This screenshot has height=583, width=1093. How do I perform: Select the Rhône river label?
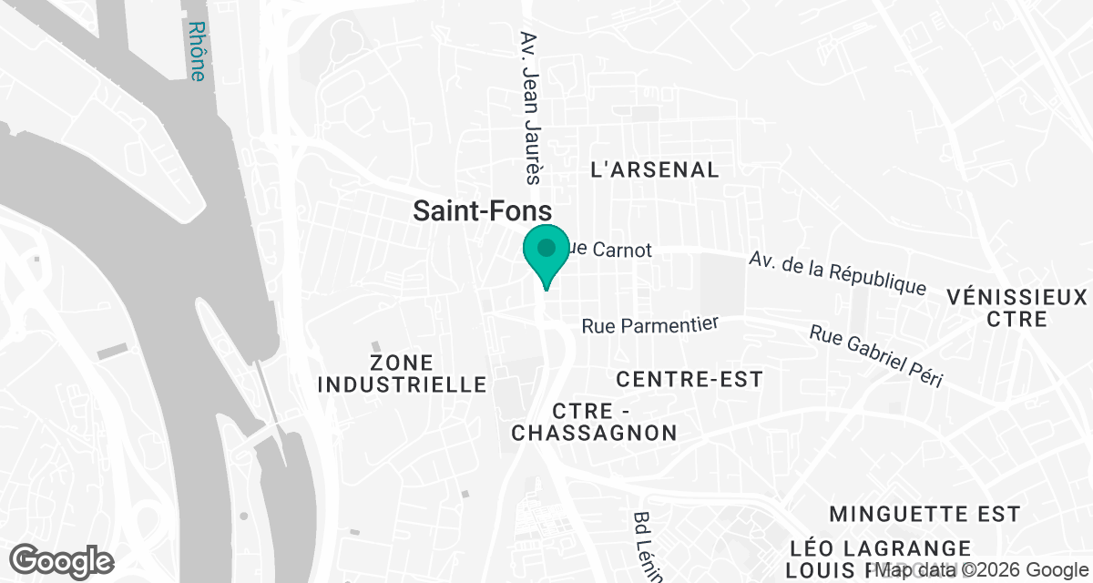tap(196, 52)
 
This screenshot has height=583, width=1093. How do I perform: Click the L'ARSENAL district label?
tap(655, 169)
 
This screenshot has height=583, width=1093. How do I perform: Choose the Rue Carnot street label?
tap(610, 250)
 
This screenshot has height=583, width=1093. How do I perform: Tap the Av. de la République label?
tap(837, 272)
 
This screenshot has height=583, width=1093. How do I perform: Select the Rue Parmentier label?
tap(650, 325)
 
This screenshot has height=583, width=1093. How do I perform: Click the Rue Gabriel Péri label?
tap(875, 356)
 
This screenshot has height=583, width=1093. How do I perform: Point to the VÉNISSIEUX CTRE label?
tap(1016, 308)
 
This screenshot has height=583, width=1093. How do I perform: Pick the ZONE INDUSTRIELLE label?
tap(402, 373)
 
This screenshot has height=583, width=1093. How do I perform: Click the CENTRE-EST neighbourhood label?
tap(689, 379)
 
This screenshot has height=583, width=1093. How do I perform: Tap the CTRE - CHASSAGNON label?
tap(594, 421)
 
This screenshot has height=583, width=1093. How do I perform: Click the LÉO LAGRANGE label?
tap(881, 548)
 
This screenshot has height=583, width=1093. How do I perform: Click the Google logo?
tap(63, 560)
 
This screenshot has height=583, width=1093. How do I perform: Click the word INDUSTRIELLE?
tap(402, 384)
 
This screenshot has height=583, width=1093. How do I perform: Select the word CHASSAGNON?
tap(594, 433)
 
